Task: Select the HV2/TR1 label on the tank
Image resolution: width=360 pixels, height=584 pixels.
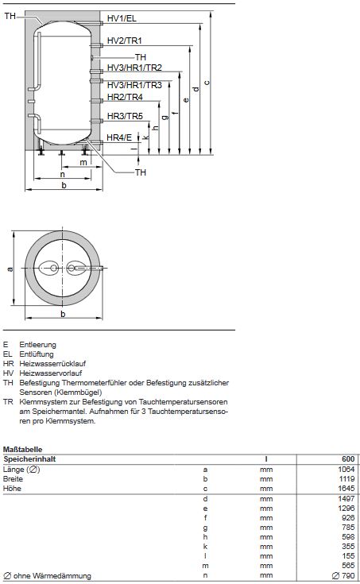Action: [x=125, y=40]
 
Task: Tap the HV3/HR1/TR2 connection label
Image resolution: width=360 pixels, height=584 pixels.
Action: [x=134, y=68]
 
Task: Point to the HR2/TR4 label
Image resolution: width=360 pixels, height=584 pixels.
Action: [x=125, y=97]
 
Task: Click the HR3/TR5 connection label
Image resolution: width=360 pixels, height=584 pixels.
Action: [x=125, y=117]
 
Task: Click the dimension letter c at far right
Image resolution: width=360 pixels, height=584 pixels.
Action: [x=207, y=83]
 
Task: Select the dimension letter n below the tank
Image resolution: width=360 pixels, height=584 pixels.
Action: [x=62, y=174]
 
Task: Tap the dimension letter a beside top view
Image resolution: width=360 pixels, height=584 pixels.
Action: [x=10, y=269]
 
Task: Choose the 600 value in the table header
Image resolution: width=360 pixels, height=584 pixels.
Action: [x=346, y=459]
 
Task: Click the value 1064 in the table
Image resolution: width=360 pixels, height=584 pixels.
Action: [x=345, y=470]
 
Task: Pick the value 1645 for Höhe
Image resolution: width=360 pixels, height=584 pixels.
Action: [x=345, y=489]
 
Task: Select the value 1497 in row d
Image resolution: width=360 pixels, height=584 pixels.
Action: [x=345, y=499]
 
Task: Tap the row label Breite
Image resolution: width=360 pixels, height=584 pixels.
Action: [x=14, y=479]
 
